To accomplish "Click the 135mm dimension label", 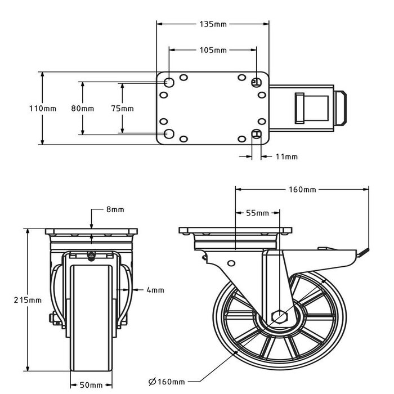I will (x=213, y=25).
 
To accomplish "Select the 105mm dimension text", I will (x=213, y=50).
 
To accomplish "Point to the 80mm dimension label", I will (x=83, y=108).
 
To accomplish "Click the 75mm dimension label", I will (x=123, y=108).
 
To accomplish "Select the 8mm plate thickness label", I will (x=115, y=209).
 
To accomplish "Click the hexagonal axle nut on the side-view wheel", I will (x=280, y=317).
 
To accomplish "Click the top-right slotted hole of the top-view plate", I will (x=257, y=82).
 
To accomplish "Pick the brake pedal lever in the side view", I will (x=360, y=253).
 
